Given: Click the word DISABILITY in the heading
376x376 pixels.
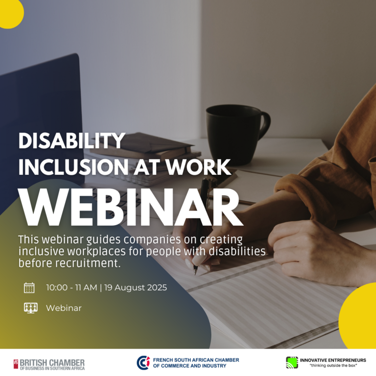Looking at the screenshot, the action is point(72,141).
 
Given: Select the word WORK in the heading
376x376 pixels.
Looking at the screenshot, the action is point(199,167).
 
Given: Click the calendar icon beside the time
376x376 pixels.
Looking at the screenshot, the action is point(29,288).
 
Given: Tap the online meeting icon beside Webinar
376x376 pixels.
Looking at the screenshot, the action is point(31,308).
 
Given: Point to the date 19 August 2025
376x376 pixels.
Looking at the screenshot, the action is point(136,287).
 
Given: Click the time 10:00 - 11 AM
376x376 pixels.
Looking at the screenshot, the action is point(71,287).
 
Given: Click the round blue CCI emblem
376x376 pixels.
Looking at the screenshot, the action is point(143,363).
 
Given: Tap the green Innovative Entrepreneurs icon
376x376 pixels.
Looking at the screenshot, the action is point(292,362).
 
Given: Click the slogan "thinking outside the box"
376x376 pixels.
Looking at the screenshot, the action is point(333,366).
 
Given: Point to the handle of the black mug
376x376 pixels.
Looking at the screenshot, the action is point(265,125).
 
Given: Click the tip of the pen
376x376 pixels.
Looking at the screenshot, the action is point(195,274).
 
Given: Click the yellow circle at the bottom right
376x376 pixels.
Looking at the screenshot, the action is point(358,316).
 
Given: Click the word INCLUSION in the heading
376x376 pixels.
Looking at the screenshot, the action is point(73,167).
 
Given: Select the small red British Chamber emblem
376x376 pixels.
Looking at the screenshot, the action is point(16,364).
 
